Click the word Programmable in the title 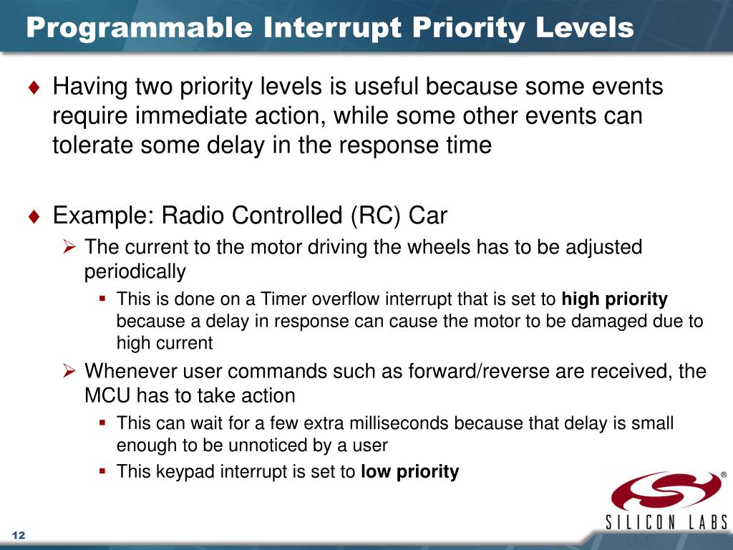140,28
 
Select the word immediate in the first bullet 195,115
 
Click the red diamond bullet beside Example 34,216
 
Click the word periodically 135,271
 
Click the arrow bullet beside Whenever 69,371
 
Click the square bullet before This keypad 102,471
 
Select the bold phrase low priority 410,472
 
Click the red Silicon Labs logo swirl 666,490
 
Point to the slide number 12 18,536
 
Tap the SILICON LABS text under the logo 667,522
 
